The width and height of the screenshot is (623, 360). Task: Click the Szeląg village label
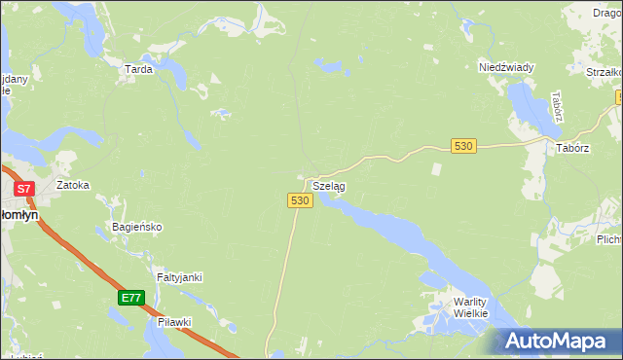329,185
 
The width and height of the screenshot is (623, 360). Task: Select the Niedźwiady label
506,67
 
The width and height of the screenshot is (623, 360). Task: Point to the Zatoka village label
73,184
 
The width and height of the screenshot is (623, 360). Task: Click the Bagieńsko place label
136,227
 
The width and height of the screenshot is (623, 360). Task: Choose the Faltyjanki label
179,277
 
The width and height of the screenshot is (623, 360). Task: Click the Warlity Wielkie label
477,307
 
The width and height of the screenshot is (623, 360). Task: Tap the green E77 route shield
132,298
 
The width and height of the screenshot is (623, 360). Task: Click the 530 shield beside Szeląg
300,199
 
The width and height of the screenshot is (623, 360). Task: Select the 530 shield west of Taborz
463,146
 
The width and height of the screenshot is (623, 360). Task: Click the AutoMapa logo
557,341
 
